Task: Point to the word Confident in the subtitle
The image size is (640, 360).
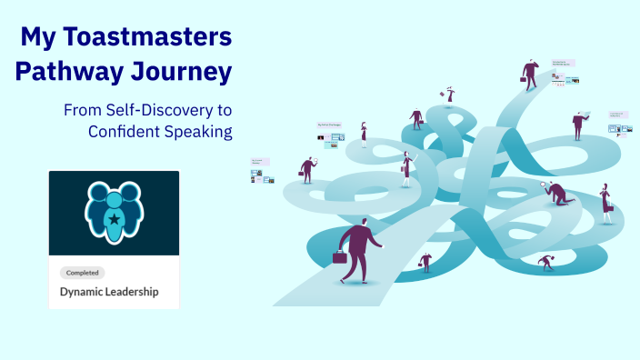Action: [122, 131]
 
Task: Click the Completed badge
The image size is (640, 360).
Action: [82, 273]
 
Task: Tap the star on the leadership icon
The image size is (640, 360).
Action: [114, 218]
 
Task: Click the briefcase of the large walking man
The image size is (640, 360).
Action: [340, 258]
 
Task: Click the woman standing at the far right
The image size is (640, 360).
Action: [605, 204]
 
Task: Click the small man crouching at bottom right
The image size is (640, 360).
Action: [545, 263]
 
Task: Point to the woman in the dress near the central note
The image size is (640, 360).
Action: [365, 134]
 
